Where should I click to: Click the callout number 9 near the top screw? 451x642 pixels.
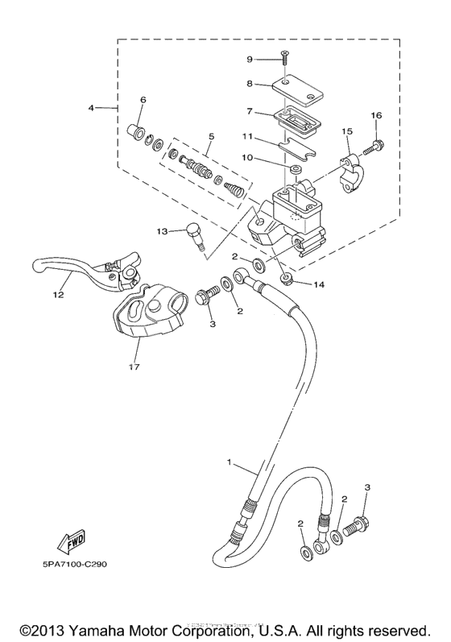[250, 59]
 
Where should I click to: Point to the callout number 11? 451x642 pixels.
[250, 138]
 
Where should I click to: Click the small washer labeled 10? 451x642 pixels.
[298, 171]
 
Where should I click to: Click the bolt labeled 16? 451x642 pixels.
[378, 147]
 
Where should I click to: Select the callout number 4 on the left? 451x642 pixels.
[91, 106]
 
